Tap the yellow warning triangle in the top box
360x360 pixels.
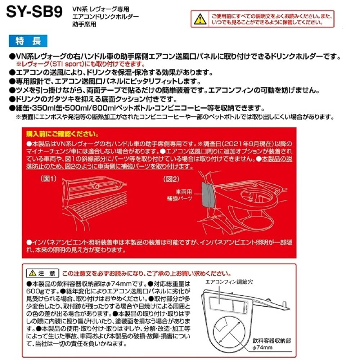point(199,19)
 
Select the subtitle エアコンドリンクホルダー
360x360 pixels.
point(105,17)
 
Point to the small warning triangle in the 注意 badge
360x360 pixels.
point(33,273)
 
